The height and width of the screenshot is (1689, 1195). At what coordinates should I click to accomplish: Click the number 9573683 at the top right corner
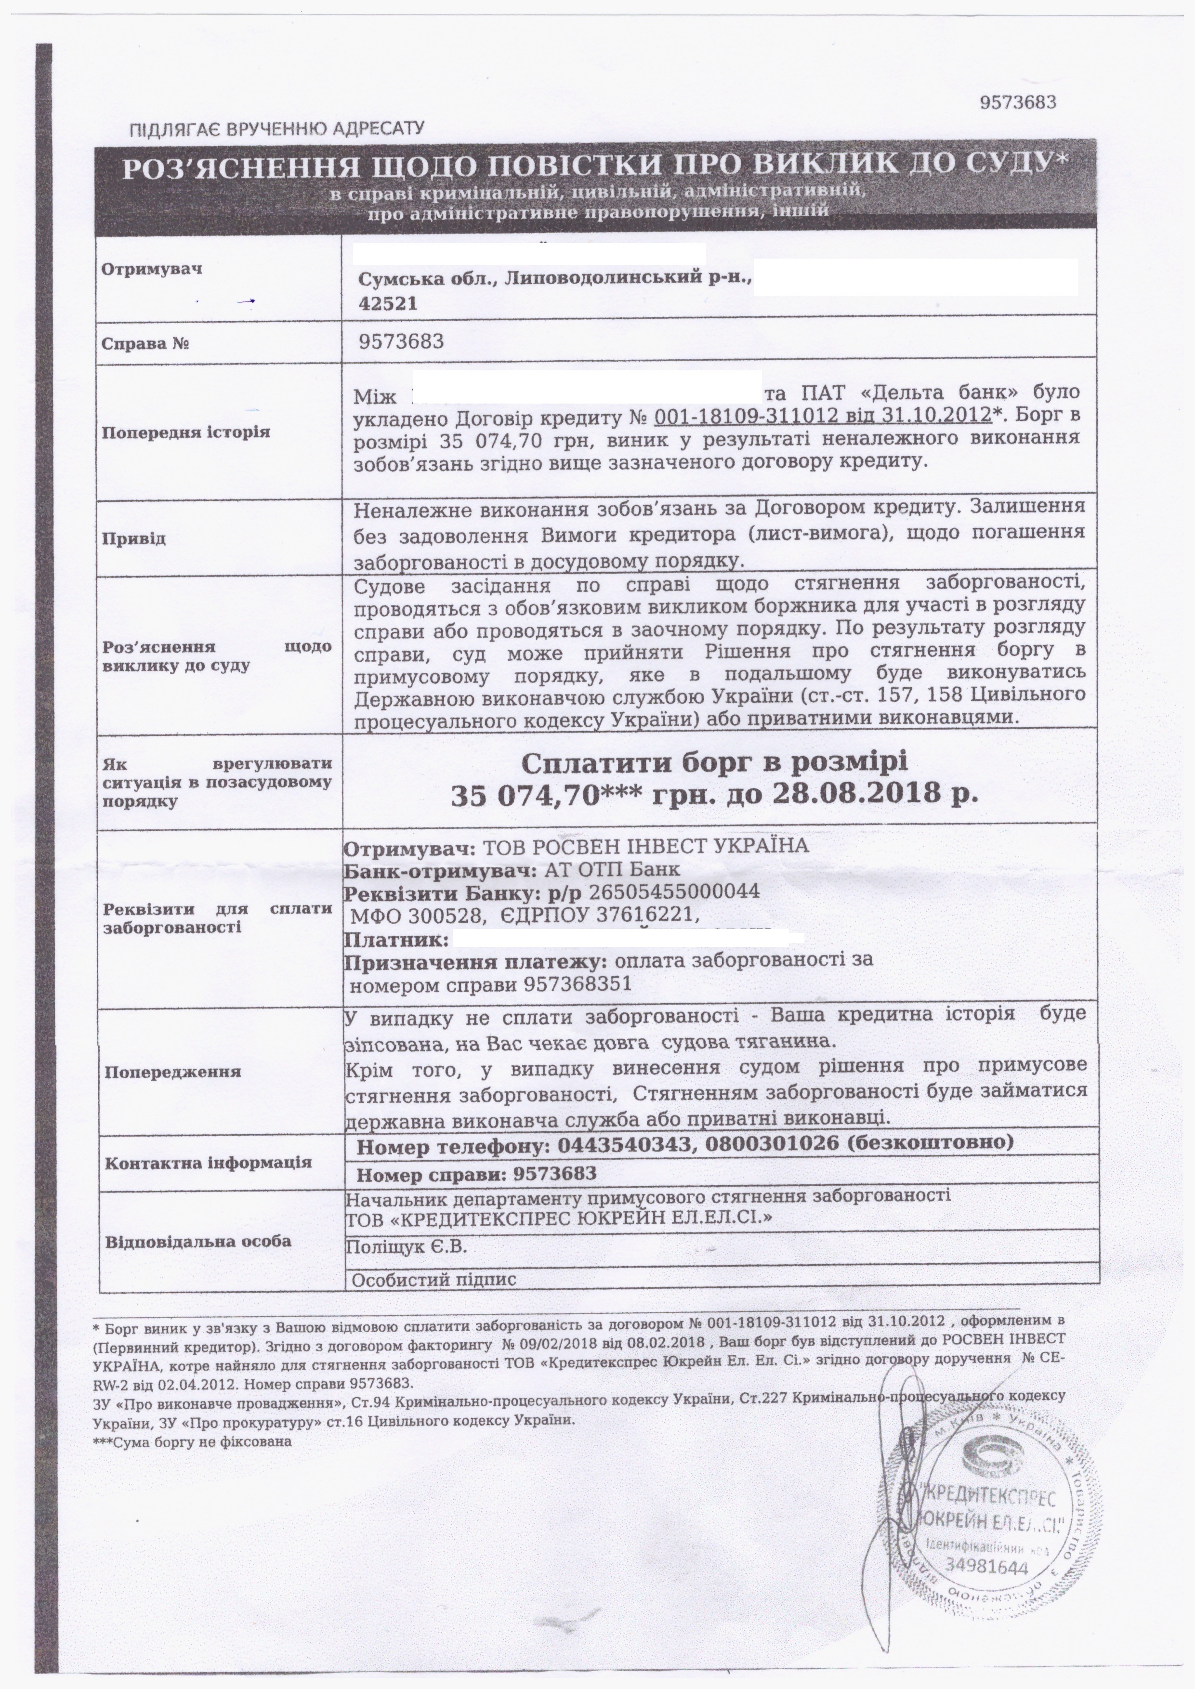tap(1018, 102)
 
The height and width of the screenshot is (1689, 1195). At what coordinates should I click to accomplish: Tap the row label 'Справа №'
tap(145, 343)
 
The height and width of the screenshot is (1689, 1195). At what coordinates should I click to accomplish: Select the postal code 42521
tap(388, 303)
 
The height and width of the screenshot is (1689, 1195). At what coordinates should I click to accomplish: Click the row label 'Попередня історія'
tap(186, 432)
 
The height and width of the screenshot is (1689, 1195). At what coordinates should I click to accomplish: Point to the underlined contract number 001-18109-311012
tap(746, 415)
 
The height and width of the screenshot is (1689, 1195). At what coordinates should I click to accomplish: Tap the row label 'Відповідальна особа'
tap(198, 1241)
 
